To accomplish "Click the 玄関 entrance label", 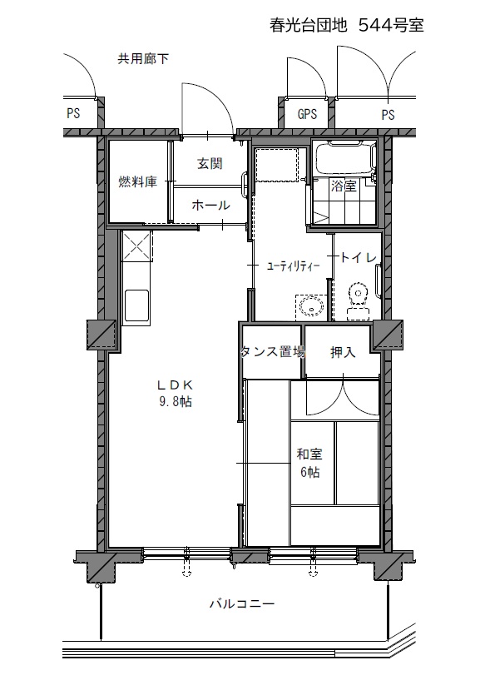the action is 210,164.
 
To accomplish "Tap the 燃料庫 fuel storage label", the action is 137,181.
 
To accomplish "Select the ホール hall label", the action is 210,205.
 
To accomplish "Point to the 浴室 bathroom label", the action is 344,186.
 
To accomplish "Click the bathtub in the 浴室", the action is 345,158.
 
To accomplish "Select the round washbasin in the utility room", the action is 312,305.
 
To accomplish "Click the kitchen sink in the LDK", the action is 136,305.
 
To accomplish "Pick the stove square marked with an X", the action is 136,246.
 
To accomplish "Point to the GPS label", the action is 307,114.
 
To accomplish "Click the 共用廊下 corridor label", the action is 143,58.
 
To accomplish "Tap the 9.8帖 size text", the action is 176,402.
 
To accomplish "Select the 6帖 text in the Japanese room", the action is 310,472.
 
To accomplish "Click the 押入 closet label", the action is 343,352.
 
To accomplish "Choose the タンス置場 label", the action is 273,352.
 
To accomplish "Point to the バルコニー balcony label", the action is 242,603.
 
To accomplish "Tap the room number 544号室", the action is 391,26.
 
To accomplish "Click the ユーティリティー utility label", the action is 293,266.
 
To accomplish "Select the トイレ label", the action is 359,257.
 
